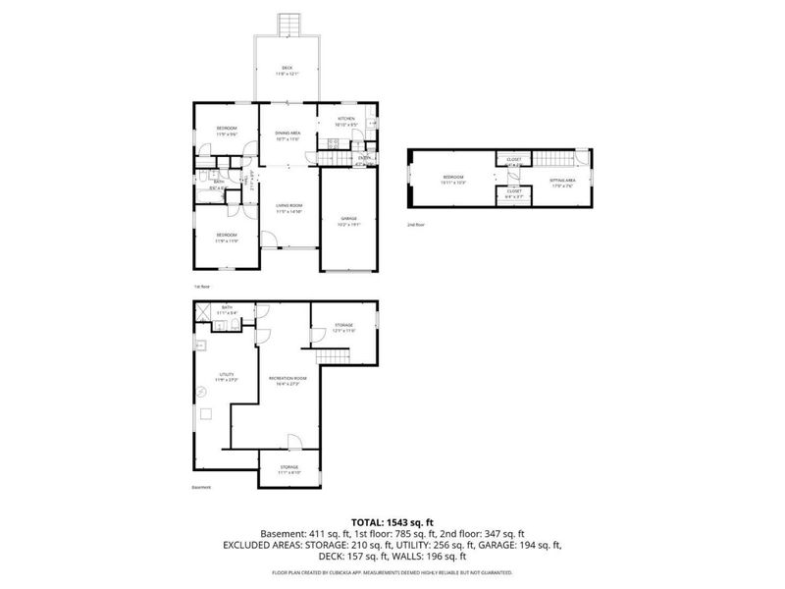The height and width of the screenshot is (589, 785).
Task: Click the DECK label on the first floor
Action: click(x=287, y=68)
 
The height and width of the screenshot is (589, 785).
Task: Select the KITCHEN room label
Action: click(x=344, y=119)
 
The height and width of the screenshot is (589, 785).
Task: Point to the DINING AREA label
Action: click(x=288, y=133)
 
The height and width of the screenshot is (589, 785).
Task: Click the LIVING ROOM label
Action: click(x=288, y=205)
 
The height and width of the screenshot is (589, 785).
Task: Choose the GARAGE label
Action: click(x=348, y=218)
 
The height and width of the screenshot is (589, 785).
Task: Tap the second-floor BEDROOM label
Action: click(x=452, y=177)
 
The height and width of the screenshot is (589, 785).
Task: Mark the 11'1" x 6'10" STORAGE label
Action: click(x=288, y=467)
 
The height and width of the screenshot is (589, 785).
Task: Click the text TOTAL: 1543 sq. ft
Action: click(x=392, y=521)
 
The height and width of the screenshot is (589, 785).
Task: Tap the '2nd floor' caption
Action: click(x=416, y=225)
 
